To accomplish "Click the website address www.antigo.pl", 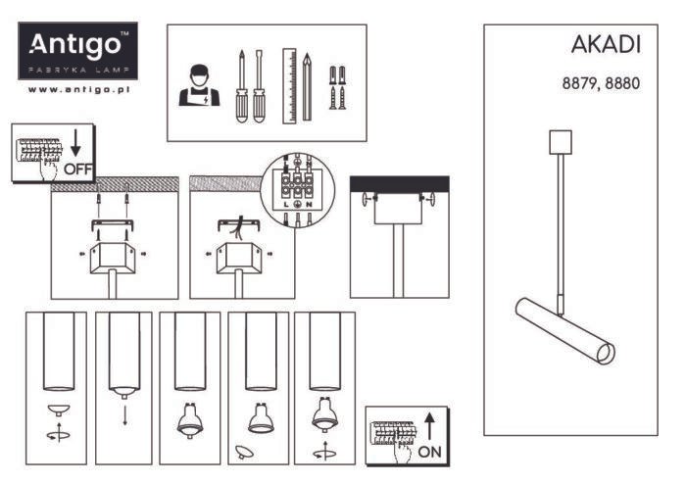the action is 78,89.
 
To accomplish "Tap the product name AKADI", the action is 606,45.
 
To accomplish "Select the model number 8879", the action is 579,83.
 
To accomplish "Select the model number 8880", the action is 622,83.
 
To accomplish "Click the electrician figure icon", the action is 199,85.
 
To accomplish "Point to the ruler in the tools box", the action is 289,86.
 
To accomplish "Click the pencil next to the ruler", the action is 307,87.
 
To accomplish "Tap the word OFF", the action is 78,169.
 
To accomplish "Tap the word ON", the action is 429,452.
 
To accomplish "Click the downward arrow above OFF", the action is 75,142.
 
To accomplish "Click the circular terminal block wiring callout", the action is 298,190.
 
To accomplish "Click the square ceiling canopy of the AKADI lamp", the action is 561,142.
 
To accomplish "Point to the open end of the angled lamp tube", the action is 607,354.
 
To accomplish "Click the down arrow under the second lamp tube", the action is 125,415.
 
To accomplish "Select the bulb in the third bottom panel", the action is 190,421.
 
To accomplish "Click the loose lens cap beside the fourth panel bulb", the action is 243,452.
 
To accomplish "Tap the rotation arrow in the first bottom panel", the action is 59,433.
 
